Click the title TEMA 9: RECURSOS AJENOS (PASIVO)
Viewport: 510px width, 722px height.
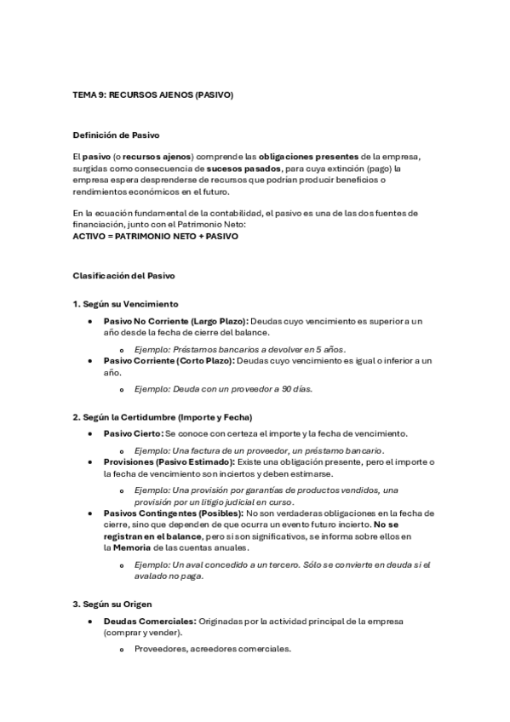coord(153,95)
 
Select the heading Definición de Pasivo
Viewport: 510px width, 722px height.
coord(116,135)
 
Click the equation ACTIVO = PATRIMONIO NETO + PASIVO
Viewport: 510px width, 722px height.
coord(156,236)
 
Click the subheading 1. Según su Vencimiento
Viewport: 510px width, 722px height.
coord(125,304)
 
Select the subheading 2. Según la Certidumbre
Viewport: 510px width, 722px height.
coord(163,416)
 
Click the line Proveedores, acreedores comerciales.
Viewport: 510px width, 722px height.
coord(213,649)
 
